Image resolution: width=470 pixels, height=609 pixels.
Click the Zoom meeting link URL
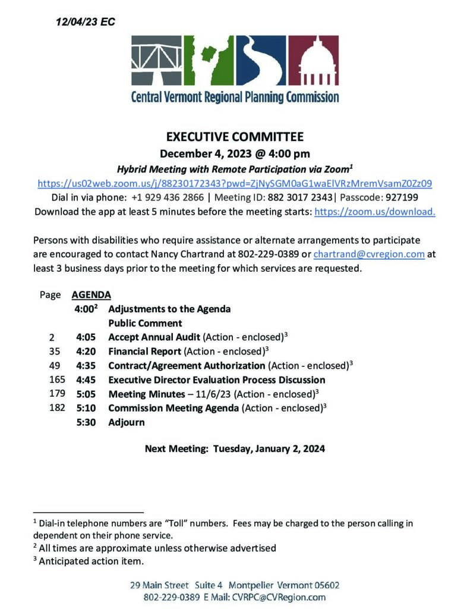coord(235,183)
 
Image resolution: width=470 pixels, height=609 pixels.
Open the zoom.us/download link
coord(374,212)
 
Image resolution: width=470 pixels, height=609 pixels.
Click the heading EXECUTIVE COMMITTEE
coord(235,137)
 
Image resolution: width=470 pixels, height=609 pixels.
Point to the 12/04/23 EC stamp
coord(85,22)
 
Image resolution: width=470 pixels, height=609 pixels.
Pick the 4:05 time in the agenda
coord(86,337)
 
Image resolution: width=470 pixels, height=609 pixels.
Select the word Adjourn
coord(126,423)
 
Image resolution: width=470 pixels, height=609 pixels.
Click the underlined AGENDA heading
coord(91,294)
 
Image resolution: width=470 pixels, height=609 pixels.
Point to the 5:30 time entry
coord(86,423)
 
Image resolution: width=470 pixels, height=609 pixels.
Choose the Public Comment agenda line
coord(145,323)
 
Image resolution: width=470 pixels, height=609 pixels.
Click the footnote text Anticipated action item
coord(92,561)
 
